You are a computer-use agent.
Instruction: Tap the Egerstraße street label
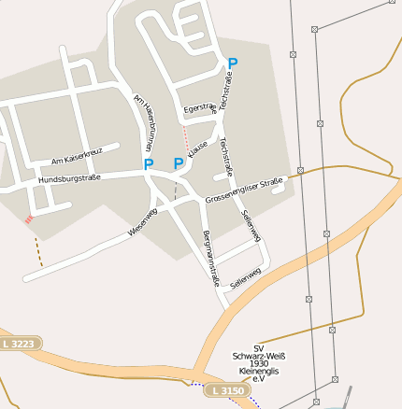coord(200,108)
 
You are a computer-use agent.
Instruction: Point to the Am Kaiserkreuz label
coord(77,155)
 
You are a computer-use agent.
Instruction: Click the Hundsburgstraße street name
coord(68,177)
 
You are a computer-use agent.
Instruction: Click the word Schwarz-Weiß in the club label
coord(259,356)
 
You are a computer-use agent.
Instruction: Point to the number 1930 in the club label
coord(260,363)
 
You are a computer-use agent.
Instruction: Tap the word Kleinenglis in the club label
coord(259,372)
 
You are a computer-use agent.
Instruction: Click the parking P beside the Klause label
coord(178,164)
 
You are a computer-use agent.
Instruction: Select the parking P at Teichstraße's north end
coord(233,63)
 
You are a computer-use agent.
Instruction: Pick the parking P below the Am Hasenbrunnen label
coord(148,164)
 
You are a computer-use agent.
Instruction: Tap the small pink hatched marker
coord(29,219)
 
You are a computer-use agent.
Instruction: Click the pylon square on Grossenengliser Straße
coord(301,169)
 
